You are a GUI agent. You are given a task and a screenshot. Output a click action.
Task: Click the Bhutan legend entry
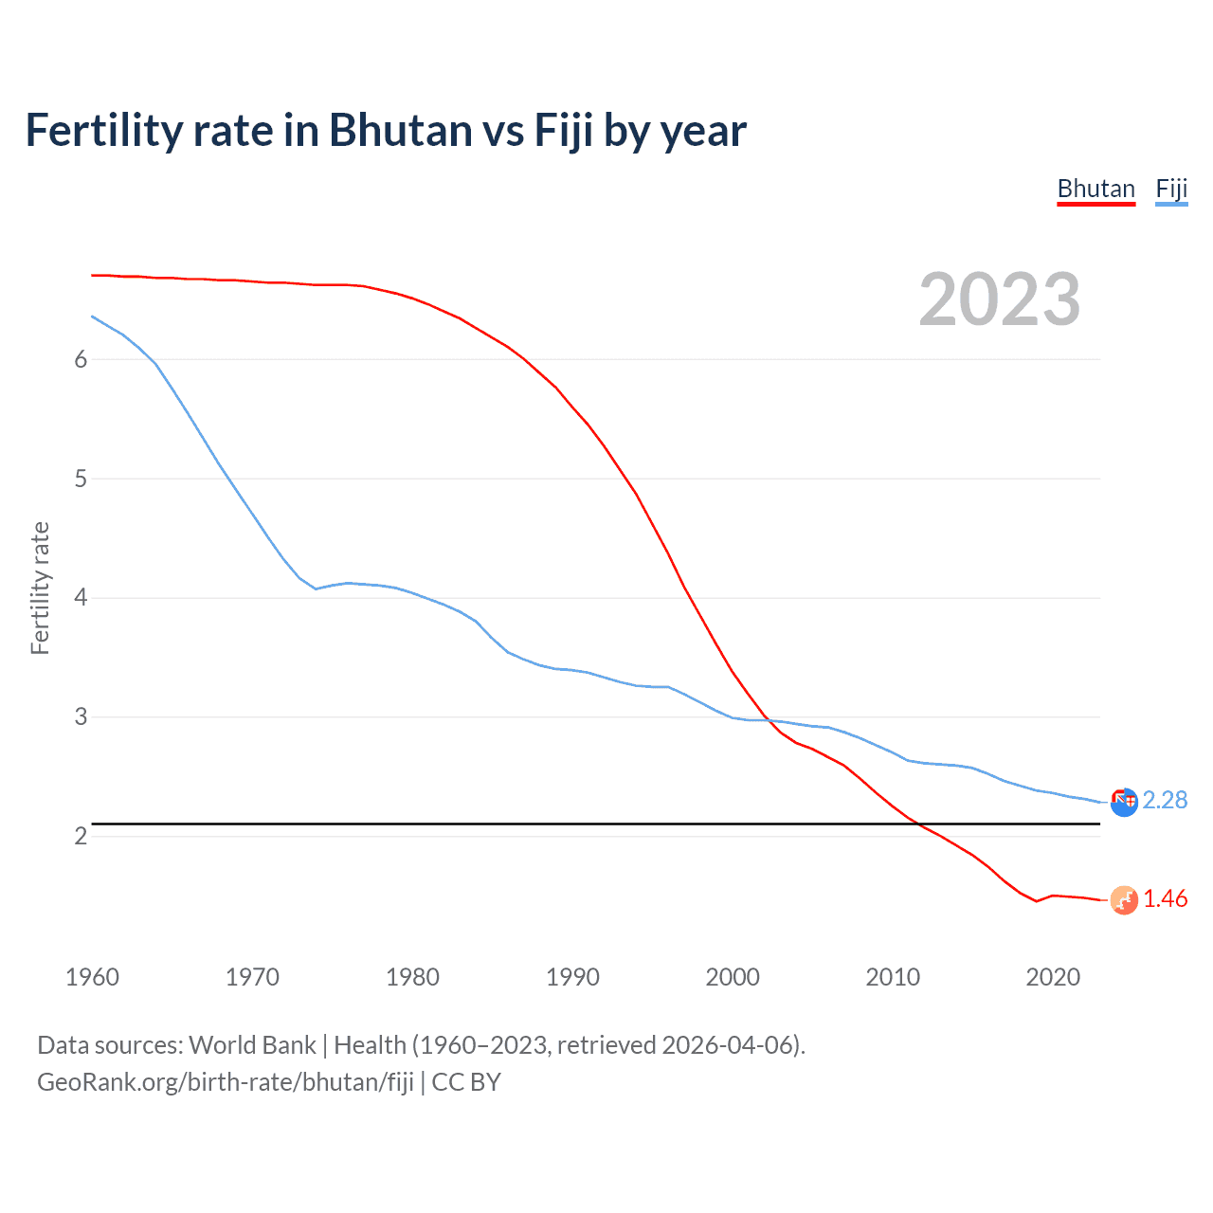(x=1095, y=190)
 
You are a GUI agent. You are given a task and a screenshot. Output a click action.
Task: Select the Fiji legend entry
(x=1171, y=190)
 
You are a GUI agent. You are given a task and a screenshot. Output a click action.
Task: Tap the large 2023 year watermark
(x=999, y=299)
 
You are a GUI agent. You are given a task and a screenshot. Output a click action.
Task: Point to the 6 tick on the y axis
(x=81, y=359)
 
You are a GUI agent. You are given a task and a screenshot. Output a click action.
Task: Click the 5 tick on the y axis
(x=81, y=479)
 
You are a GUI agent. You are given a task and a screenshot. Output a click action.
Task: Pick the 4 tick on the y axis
(x=81, y=598)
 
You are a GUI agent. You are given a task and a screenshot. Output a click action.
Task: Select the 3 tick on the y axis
(x=81, y=717)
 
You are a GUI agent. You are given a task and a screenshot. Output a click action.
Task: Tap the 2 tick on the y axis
(x=81, y=836)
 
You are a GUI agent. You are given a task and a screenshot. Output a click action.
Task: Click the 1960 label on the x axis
(x=92, y=977)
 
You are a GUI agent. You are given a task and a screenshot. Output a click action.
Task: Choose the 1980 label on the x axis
(x=412, y=977)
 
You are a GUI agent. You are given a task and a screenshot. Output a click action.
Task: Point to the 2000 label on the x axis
(x=733, y=977)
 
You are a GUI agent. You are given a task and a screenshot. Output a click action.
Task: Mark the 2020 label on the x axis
(x=1053, y=977)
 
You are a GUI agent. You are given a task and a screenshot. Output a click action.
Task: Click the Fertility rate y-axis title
(x=40, y=588)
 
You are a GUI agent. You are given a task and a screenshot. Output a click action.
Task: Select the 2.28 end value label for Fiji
(x=1165, y=801)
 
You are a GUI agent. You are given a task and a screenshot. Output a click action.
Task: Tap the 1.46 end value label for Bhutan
(x=1165, y=899)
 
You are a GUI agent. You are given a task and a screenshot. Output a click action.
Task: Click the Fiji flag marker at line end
(x=1124, y=803)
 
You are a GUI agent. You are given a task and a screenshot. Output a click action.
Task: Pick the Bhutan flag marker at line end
(x=1124, y=900)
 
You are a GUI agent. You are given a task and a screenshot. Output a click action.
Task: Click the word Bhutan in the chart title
(x=401, y=131)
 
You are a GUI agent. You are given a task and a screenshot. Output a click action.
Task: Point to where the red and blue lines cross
(x=767, y=720)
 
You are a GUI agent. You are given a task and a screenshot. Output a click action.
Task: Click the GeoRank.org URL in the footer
(x=226, y=1082)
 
